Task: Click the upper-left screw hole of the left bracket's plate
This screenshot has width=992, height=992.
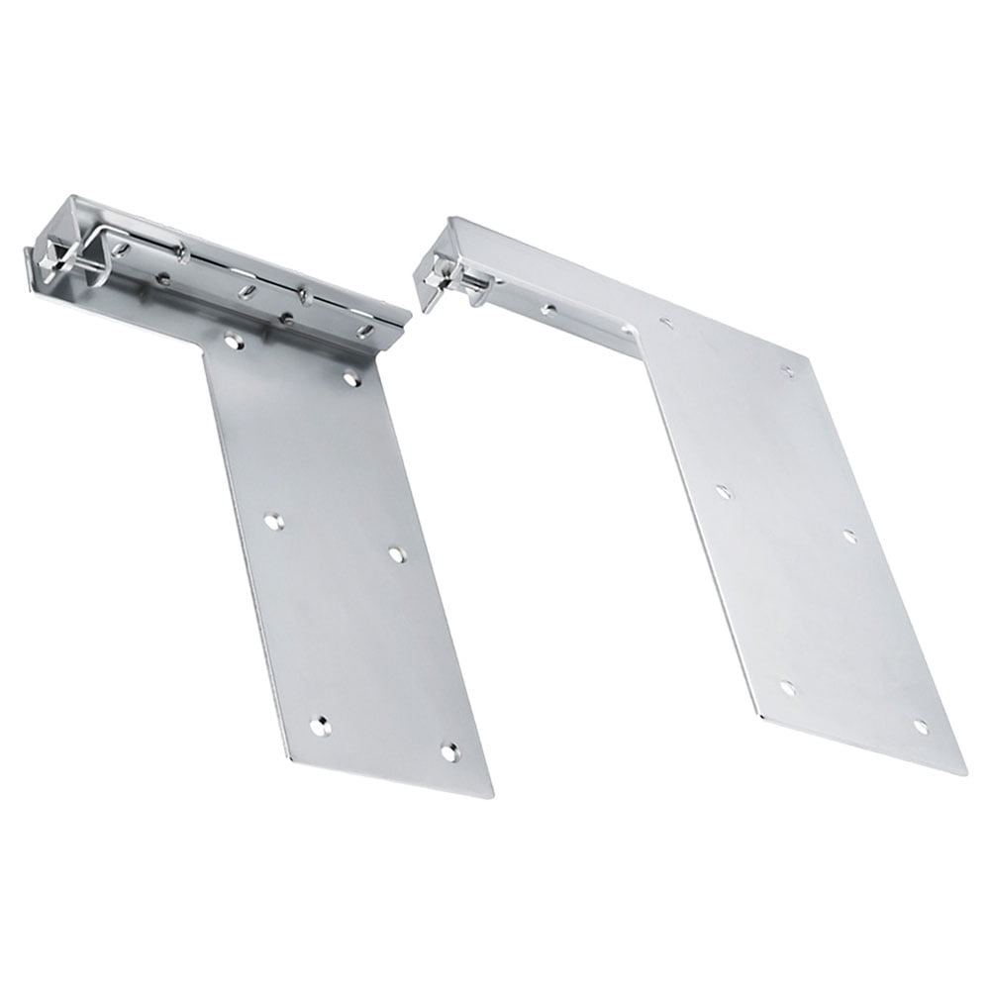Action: (x=232, y=341)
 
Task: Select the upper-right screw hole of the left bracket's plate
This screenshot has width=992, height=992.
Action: (x=350, y=377)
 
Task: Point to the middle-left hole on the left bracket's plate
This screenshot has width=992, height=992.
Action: (x=274, y=520)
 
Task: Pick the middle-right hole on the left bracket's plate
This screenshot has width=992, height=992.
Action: (x=396, y=554)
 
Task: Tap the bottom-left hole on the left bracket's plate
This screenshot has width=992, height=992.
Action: (x=319, y=727)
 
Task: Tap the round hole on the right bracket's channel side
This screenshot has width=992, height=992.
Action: (x=547, y=310)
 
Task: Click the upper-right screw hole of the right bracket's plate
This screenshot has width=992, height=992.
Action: (x=788, y=372)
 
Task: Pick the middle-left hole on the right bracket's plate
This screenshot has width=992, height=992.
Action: (x=723, y=491)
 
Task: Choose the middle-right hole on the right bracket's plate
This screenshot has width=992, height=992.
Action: (x=849, y=536)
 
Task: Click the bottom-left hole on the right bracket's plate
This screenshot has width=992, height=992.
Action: (x=787, y=686)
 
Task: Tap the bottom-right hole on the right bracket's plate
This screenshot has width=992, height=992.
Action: (x=921, y=726)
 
